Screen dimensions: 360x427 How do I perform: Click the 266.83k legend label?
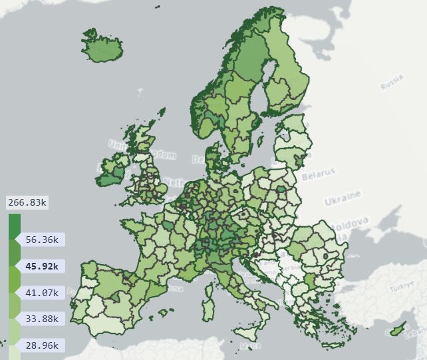point(27,202)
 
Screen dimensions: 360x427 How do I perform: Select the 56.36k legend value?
point(41,240)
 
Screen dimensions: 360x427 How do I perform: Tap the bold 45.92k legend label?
point(41,266)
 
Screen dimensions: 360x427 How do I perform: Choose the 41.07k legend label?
point(41,292)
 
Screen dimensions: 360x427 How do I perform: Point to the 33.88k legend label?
point(41,319)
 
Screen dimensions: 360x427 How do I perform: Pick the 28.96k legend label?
point(41,345)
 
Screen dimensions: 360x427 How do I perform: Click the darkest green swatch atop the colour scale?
point(14,226)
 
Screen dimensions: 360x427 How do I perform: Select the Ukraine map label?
point(343,198)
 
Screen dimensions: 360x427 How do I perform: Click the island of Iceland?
point(102,47)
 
